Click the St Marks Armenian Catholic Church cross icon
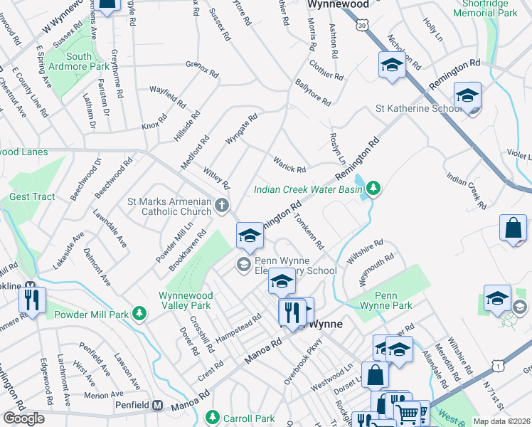[x=222, y=206]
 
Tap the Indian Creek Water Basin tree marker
[x=373, y=189]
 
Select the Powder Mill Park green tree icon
[x=141, y=313]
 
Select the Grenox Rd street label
[x=201, y=69]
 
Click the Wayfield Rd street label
[x=167, y=95]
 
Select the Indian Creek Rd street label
[x=467, y=189]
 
